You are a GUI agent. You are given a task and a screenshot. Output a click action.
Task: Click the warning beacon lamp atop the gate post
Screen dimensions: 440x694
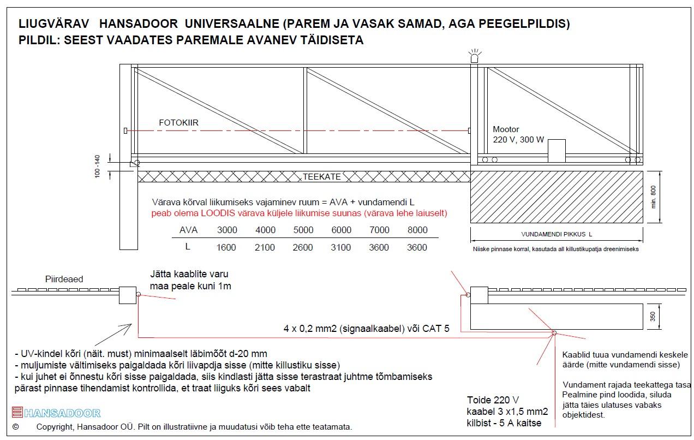click(474, 57)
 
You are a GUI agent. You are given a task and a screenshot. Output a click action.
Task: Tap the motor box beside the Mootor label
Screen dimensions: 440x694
click(557, 151)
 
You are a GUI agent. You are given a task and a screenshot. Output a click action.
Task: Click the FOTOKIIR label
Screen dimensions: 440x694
click(178, 123)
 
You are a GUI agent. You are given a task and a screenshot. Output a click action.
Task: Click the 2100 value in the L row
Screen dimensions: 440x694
click(265, 247)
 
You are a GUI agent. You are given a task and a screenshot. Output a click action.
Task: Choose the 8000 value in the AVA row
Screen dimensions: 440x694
click(417, 230)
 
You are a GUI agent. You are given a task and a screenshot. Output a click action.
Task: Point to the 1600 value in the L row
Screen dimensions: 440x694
click(226, 247)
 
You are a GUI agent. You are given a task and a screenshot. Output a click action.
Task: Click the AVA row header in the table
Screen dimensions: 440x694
click(188, 230)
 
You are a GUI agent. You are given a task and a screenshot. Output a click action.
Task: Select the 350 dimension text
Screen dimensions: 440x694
click(654, 317)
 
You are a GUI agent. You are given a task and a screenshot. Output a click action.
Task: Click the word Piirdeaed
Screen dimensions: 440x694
click(64, 280)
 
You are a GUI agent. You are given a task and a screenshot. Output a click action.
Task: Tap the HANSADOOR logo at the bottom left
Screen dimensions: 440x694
click(56, 413)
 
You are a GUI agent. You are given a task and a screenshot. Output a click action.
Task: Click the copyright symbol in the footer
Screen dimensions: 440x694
click(15, 426)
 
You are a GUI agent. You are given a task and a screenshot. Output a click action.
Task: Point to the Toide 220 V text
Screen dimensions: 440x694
click(493, 400)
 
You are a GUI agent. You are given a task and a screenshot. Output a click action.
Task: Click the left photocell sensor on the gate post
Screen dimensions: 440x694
click(125, 130)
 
